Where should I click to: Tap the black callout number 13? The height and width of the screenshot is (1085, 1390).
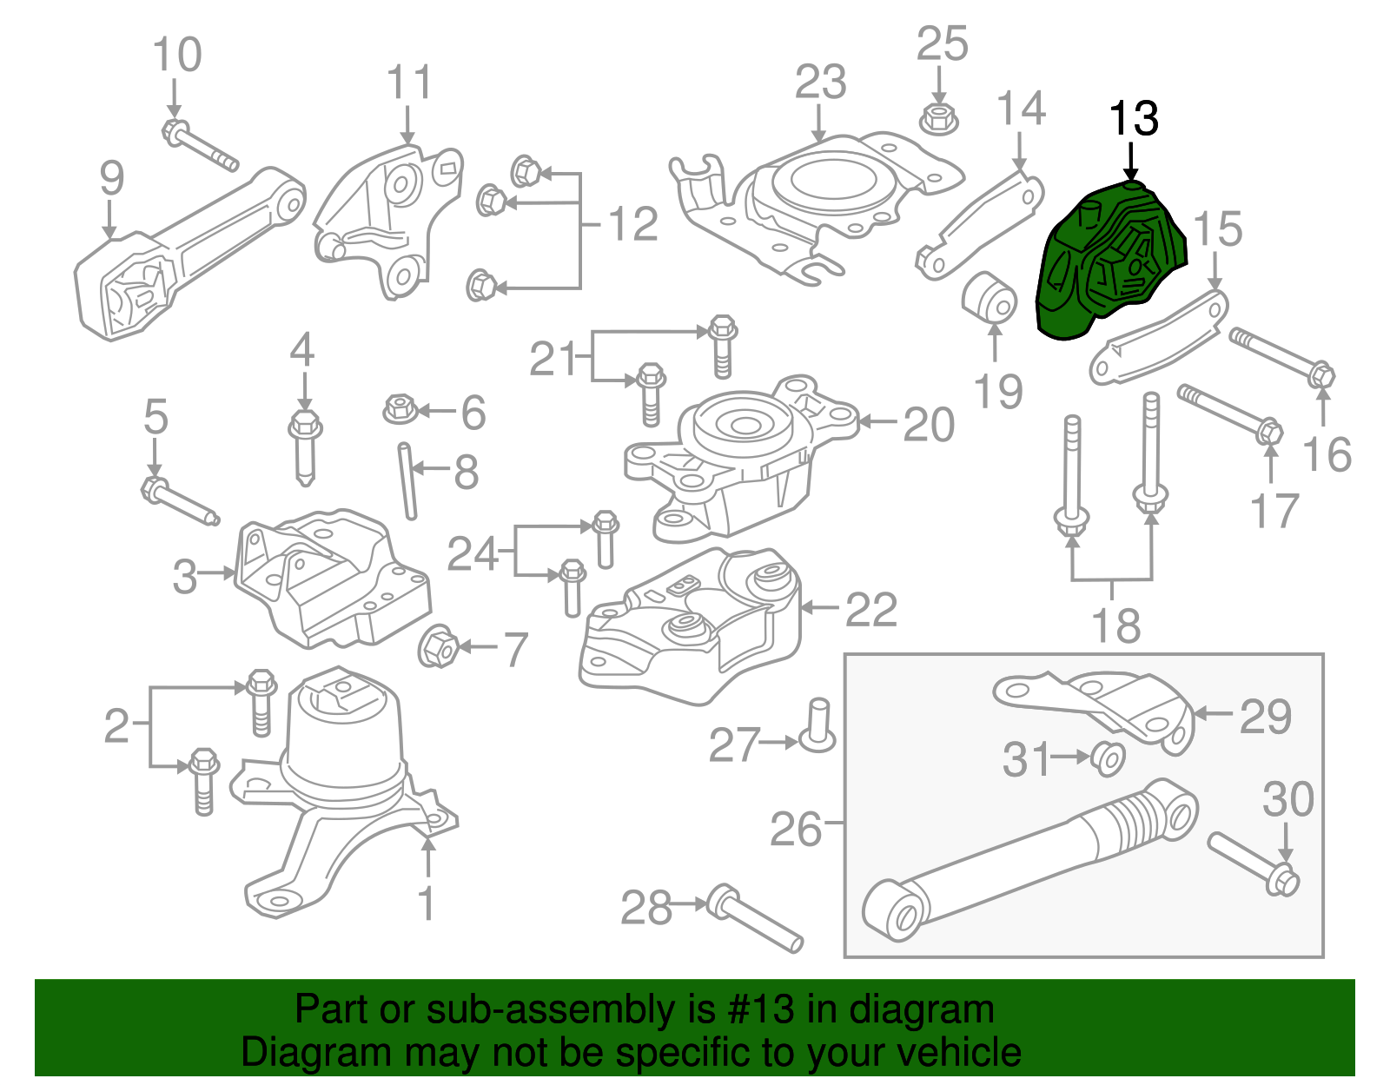pos(1133,118)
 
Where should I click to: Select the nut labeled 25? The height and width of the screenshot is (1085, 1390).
pos(938,118)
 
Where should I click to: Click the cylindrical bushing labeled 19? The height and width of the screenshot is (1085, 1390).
pos(990,297)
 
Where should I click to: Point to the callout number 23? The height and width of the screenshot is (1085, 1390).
pos(820,83)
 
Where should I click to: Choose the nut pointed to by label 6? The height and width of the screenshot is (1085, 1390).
pos(399,408)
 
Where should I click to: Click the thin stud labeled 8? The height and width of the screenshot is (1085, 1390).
pos(407,481)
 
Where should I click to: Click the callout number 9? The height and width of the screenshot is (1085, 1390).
pos(111,178)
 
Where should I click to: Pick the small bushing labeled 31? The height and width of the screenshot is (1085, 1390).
pos(1108,758)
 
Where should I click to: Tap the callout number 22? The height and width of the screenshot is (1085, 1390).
pos(870,609)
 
